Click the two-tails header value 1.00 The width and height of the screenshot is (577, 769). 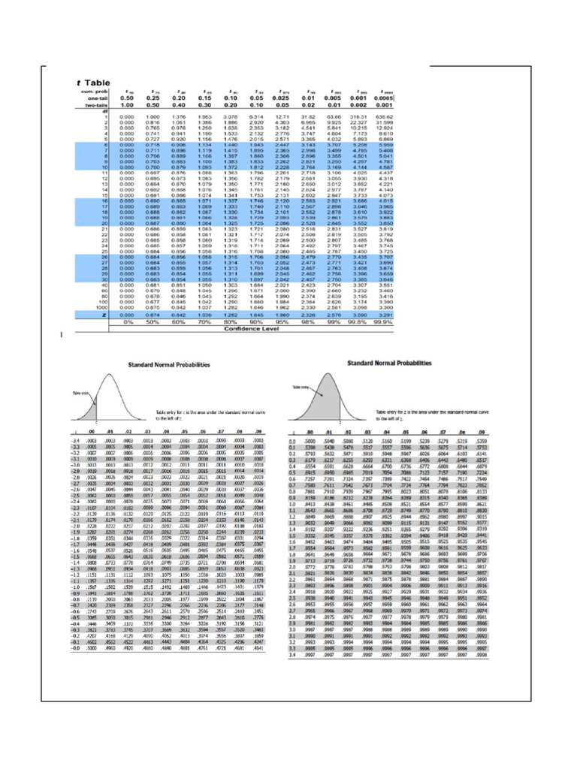click(x=127, y=104)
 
